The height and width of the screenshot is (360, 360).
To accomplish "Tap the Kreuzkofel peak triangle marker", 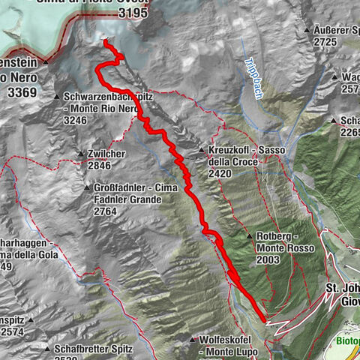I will click(202, 151).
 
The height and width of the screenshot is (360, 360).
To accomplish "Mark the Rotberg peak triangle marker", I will click(248, 236).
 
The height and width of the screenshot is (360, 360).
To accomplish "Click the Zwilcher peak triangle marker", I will click(81, 155).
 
